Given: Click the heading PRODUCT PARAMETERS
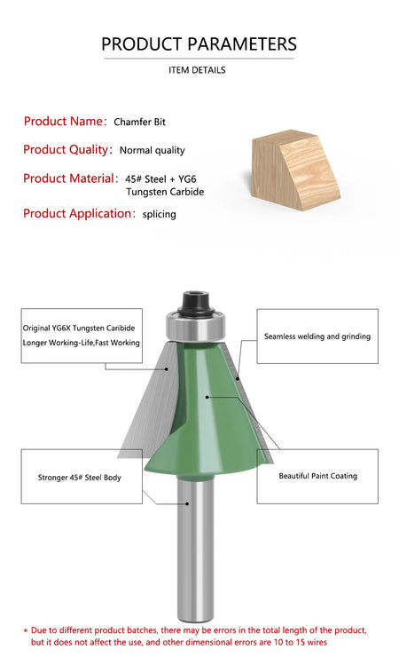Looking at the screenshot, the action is pyautogui.click(x=199, y=44).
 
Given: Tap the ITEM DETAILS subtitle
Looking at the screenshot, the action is pyautogui.click(x=197, y=70).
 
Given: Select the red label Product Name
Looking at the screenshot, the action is pyautogui.click(x=63, y=121).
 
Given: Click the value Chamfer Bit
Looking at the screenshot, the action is pyautogui.click(x=140, y=122).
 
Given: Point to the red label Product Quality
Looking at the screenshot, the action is pyautogui.click(x=66, y=149).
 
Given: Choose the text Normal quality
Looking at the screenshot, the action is pyautogui.click(x=153, y=150).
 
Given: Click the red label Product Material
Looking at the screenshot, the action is pyautogui.click(x=68, y=178).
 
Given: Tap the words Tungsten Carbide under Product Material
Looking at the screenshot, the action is pyautogui.click(x=165, y=192).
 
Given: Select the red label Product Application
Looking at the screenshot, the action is pyautogui.click(x=77, y=213).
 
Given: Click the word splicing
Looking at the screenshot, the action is pyautogui.click(x=160, y=214).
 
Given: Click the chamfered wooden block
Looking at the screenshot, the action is pyautogui.click(x=294, y=170).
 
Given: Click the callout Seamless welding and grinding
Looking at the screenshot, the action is pyautogui.click(x=317, y=336).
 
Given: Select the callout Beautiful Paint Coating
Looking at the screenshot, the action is pyautogui.click(x=317, y=476).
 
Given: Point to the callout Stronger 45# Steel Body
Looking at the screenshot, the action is pyautogui.click(x=80, y=478).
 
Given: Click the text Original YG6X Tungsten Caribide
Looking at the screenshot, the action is pyautogui.click(x=79, y=328).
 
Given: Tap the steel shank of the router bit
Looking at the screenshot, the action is pyautogui.click(x=192, y=550).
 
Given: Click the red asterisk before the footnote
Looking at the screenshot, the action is pyautogui.click(x=26, y=630).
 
